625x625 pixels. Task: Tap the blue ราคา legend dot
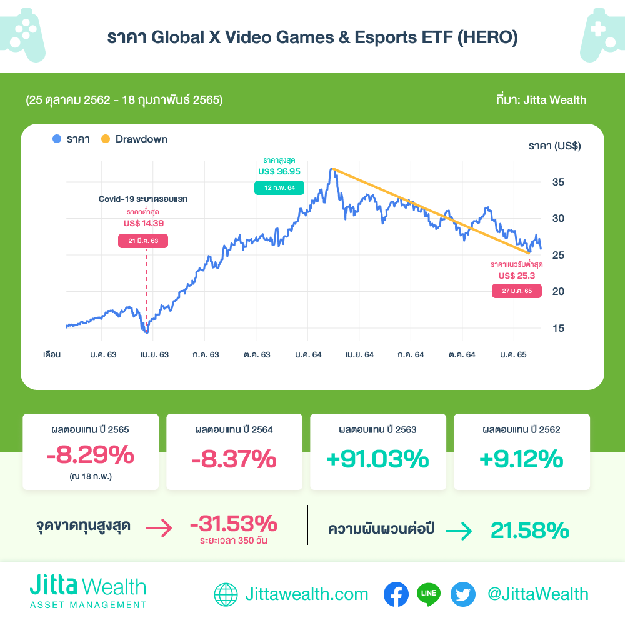pyautogui.click(x=57, y=139)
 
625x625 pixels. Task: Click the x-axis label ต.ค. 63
pyautogui.click(x=257, y=355)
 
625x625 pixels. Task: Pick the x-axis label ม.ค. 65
pyautogui.click(x=513, y=355)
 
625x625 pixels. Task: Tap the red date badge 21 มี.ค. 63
pyautogui.click(x=143, y=241)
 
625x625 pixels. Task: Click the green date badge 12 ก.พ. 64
pyautogui.click(x=279, y=187)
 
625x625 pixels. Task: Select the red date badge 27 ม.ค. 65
pyautogui.click(x=517, y=291)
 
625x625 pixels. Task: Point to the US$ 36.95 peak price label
pyautogui.click(x=279, y=171)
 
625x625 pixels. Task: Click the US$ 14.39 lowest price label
pyautogui.click(x=144, y=223)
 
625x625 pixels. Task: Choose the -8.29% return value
pyautogui.click(x=90, y=456)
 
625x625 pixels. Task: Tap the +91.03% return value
pyautogui.click(x=377, y=459)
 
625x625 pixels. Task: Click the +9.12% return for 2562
pyautogui.click(x=521, y=459)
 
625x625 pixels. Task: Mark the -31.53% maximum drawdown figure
pyautogui.click(x=233, y=523)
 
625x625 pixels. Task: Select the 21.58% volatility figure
pyautogui.click(x=529, y=531)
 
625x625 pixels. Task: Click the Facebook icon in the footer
pyautogui.click(x=396, y=594)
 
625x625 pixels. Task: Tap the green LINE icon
pyautogui.click(x=429, y=594)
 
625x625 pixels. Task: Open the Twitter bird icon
pyautogui.click(x=463, y=594)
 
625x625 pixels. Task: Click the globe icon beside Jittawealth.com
pyautogui.click(x=226, y=594)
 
